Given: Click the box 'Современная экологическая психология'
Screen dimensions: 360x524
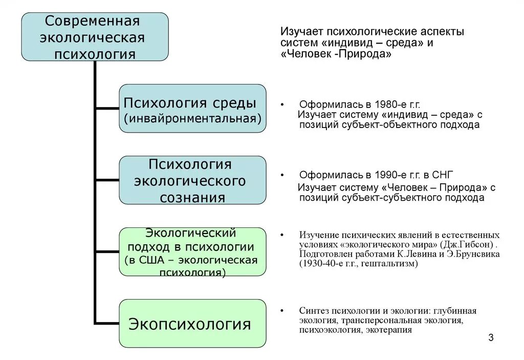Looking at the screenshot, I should tap(95, 37).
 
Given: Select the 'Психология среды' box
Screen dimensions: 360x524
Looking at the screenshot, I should tap(192, 109).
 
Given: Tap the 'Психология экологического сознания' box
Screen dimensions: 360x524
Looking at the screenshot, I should tap(192, 180).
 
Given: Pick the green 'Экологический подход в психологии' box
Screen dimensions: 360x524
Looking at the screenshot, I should tap(192, 252).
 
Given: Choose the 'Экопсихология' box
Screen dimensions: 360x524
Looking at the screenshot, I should tap(192, 324).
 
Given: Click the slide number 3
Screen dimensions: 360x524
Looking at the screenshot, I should tap(491, 337).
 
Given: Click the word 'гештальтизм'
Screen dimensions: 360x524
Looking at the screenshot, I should tap(390, 264).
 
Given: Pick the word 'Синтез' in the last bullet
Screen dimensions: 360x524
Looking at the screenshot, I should tap(314, 311).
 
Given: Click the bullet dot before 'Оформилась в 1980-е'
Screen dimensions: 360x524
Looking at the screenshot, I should tap(282, 104).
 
